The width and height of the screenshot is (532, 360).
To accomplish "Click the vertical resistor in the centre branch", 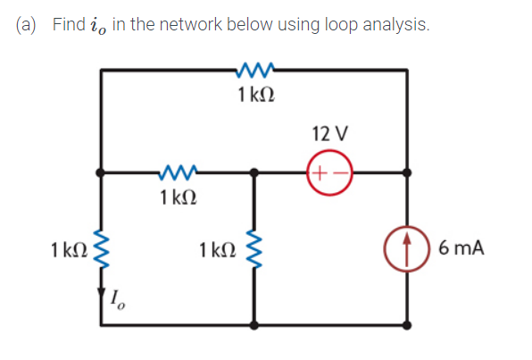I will click(x=256, y=247).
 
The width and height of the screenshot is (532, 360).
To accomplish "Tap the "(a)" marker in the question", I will click(x=30, y=26).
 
